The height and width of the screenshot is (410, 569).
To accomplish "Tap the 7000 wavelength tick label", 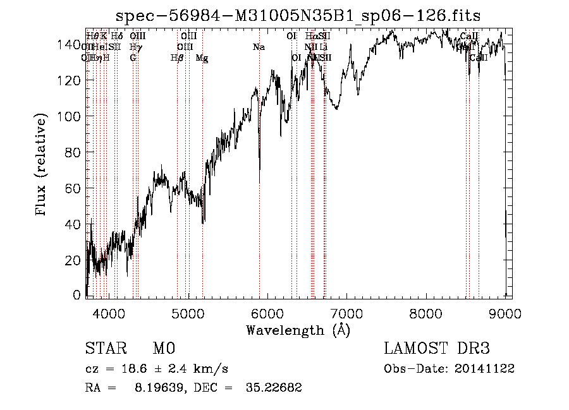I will pos(346,312).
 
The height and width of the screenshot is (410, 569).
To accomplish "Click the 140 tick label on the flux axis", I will pos(71,45).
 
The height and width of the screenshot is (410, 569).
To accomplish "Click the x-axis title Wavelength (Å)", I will pos(298,330).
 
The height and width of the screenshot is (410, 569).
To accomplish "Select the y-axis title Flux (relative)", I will pos(42,166).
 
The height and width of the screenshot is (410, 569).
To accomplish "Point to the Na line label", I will pos(259,47).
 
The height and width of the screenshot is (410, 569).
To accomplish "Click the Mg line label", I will pos(202,58).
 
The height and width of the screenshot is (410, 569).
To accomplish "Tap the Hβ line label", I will pos(177,58).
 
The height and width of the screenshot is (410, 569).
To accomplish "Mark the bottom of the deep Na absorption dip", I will pos(260,182).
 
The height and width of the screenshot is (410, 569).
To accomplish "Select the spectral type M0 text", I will pos(163,349).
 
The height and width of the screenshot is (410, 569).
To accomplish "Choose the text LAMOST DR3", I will pos(437,349).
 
